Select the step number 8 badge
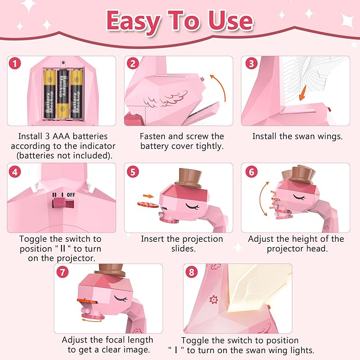pos(191,272)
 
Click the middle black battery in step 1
pos(63,94)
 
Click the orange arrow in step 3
pos(302,94)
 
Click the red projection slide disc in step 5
pos(146,204)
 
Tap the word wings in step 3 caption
pos(329,136)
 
